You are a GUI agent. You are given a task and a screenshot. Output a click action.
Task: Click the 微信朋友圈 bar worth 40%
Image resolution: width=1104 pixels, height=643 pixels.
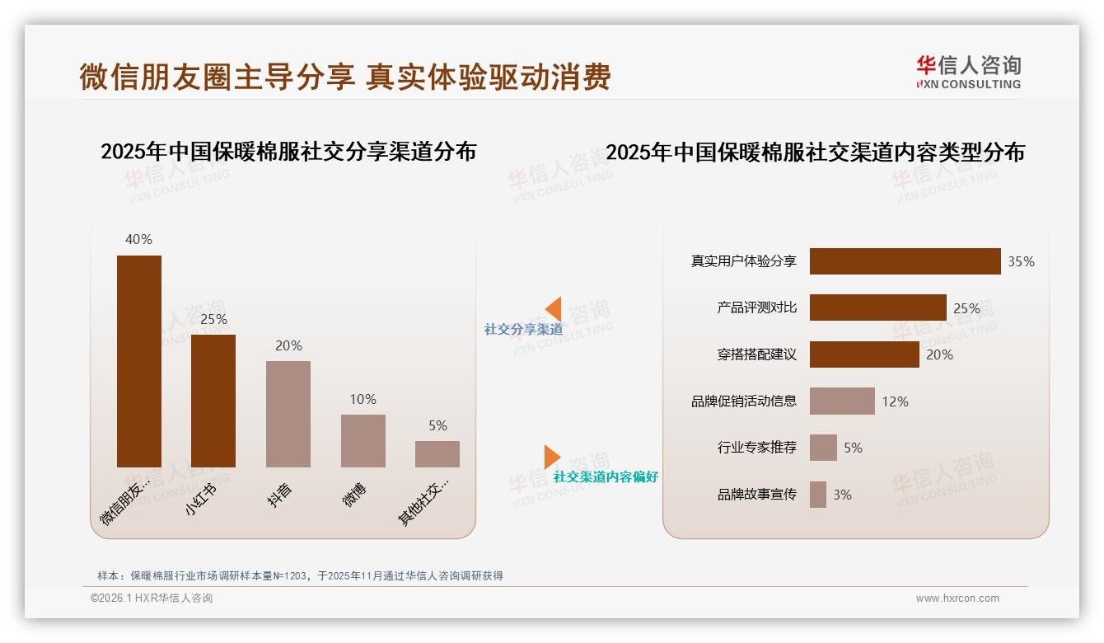pos(139,361)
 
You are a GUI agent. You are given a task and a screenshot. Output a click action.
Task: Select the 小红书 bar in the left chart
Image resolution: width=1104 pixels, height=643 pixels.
pos(213,401)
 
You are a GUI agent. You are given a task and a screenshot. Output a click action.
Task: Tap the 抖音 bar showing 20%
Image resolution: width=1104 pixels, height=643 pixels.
pos(288,414)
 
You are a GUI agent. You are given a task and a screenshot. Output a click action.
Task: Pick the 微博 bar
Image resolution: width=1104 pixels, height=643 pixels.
pos(363,440)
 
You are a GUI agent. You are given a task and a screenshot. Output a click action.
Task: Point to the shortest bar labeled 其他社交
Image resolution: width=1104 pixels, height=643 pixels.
pos(437,454)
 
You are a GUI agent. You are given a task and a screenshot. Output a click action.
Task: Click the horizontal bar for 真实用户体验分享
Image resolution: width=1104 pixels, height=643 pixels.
pos(905,261)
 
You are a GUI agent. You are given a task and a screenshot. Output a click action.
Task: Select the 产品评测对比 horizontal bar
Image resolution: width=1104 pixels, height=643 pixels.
pos(877,307)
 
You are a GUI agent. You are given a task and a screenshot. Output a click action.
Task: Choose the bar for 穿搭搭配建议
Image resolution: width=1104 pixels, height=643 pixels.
pos(864,354)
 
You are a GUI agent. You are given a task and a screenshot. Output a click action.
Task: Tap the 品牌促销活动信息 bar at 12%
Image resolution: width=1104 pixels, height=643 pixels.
pos(842,401)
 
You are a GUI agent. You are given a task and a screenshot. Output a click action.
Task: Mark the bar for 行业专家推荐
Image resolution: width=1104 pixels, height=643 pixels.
pos(823,448)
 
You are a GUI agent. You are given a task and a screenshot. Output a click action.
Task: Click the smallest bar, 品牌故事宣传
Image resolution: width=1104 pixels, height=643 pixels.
pos(818,495)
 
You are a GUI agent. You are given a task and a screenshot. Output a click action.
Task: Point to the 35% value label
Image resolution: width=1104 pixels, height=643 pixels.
pos(1021,261)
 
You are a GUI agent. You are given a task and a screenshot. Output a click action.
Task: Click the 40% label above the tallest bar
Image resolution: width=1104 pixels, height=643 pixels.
pos(138,239)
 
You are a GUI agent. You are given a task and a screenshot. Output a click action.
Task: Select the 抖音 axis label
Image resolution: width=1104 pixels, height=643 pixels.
pos(280,494)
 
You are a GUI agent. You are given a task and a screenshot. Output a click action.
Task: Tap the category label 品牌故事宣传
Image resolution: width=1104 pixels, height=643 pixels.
pos(756,495)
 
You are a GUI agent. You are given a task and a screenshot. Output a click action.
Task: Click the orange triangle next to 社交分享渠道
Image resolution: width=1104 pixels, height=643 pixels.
pos(554,309)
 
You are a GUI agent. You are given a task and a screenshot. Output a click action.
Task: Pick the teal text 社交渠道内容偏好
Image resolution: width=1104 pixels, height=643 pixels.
pos(606,476)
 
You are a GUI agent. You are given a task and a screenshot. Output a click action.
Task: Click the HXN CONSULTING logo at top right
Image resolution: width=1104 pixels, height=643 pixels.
pos(968,72)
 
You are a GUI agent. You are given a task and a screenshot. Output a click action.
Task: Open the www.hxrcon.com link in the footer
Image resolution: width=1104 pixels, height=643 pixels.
pos(957,598)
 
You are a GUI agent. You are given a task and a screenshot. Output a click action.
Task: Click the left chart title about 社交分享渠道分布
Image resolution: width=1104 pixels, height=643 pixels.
pos(288,152)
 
